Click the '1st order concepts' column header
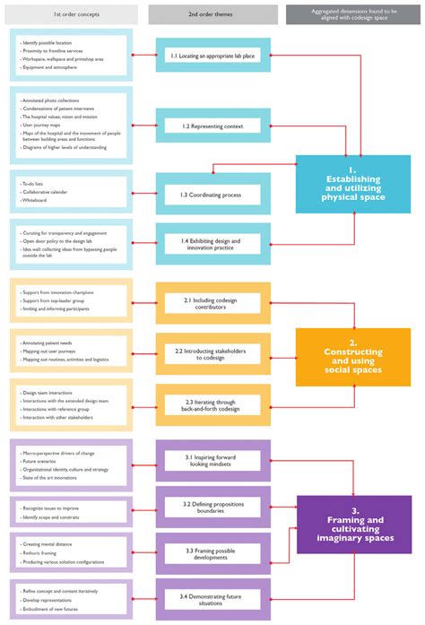[74, 13]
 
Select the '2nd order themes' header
[212, 13]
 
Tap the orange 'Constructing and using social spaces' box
[352, 356]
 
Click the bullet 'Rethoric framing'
[41, 552]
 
